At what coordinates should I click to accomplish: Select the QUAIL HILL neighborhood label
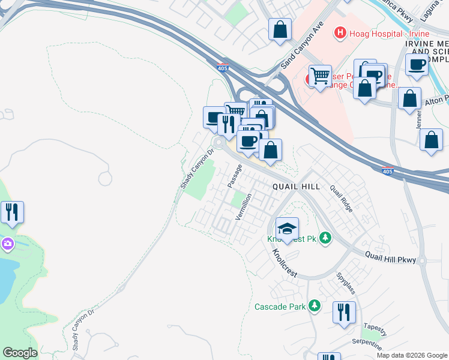point(296,187)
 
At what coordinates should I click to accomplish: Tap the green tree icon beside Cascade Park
point(314,307)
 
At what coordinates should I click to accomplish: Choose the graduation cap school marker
point(287,229)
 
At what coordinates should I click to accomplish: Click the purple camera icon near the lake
point(7,244)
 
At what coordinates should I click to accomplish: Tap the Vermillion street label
point(243,206)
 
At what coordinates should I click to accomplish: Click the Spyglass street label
point(346,283)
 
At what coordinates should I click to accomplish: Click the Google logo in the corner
point(20,353)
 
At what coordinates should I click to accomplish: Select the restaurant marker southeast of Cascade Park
point(344,313)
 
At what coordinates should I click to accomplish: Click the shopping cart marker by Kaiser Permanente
point(320,76)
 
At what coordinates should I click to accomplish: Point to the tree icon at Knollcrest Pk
point(325,238)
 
